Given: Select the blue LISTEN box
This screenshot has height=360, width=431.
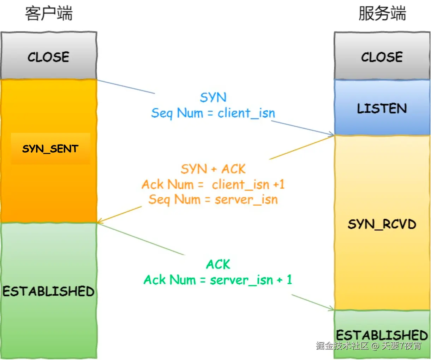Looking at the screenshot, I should point(382,108).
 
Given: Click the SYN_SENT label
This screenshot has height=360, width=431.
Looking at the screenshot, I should point(50,149).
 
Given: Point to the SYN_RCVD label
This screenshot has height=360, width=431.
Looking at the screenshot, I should point(382,224).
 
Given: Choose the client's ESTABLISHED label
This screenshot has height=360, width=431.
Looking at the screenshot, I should point(49,291).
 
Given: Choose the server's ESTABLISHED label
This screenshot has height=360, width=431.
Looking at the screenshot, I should point(382,335).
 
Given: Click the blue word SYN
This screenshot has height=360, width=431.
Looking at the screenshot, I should point(213,98).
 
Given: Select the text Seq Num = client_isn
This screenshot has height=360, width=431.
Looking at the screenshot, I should point(213,113).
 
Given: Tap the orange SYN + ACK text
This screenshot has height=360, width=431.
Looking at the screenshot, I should point(213,169).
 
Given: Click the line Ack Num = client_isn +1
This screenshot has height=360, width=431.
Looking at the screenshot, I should point(213,184).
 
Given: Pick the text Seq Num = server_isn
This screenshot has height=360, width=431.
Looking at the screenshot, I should point(213,200).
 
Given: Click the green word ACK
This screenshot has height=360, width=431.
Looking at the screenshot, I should point(218,265).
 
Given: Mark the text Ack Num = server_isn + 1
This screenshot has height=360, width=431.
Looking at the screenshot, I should point(218,280).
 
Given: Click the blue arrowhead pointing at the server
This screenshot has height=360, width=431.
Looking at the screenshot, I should point(331,134).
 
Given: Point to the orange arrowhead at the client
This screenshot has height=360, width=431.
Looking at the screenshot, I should point(100,222).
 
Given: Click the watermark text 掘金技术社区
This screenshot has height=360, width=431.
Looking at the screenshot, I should point(342,346).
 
